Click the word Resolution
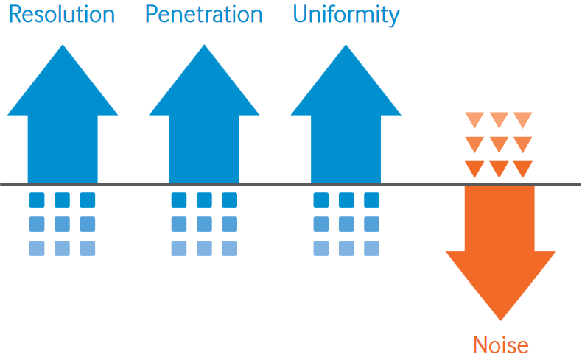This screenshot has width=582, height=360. click(62, 15)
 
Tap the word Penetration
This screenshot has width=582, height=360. click(204, 15)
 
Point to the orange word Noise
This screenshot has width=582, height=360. click(501, 345)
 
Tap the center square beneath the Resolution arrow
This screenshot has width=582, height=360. click(62, 224)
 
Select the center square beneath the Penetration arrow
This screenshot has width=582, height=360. click(204, 224)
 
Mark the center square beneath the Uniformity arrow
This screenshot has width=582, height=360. click(346, 224)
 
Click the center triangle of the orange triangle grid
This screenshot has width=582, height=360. click(499, 144)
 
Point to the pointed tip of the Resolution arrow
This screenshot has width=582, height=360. click(63, 45)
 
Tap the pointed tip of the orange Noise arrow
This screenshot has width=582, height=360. click(500, 320)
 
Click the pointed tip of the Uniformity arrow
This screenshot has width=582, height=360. click(346, 45)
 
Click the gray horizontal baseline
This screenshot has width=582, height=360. click(290, 184)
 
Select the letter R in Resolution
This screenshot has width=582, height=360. click(15, 15)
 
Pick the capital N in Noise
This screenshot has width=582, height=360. click(480, 345)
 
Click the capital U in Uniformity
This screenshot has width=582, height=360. click(301, 15)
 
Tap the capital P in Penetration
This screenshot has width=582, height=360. click(152, 15)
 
